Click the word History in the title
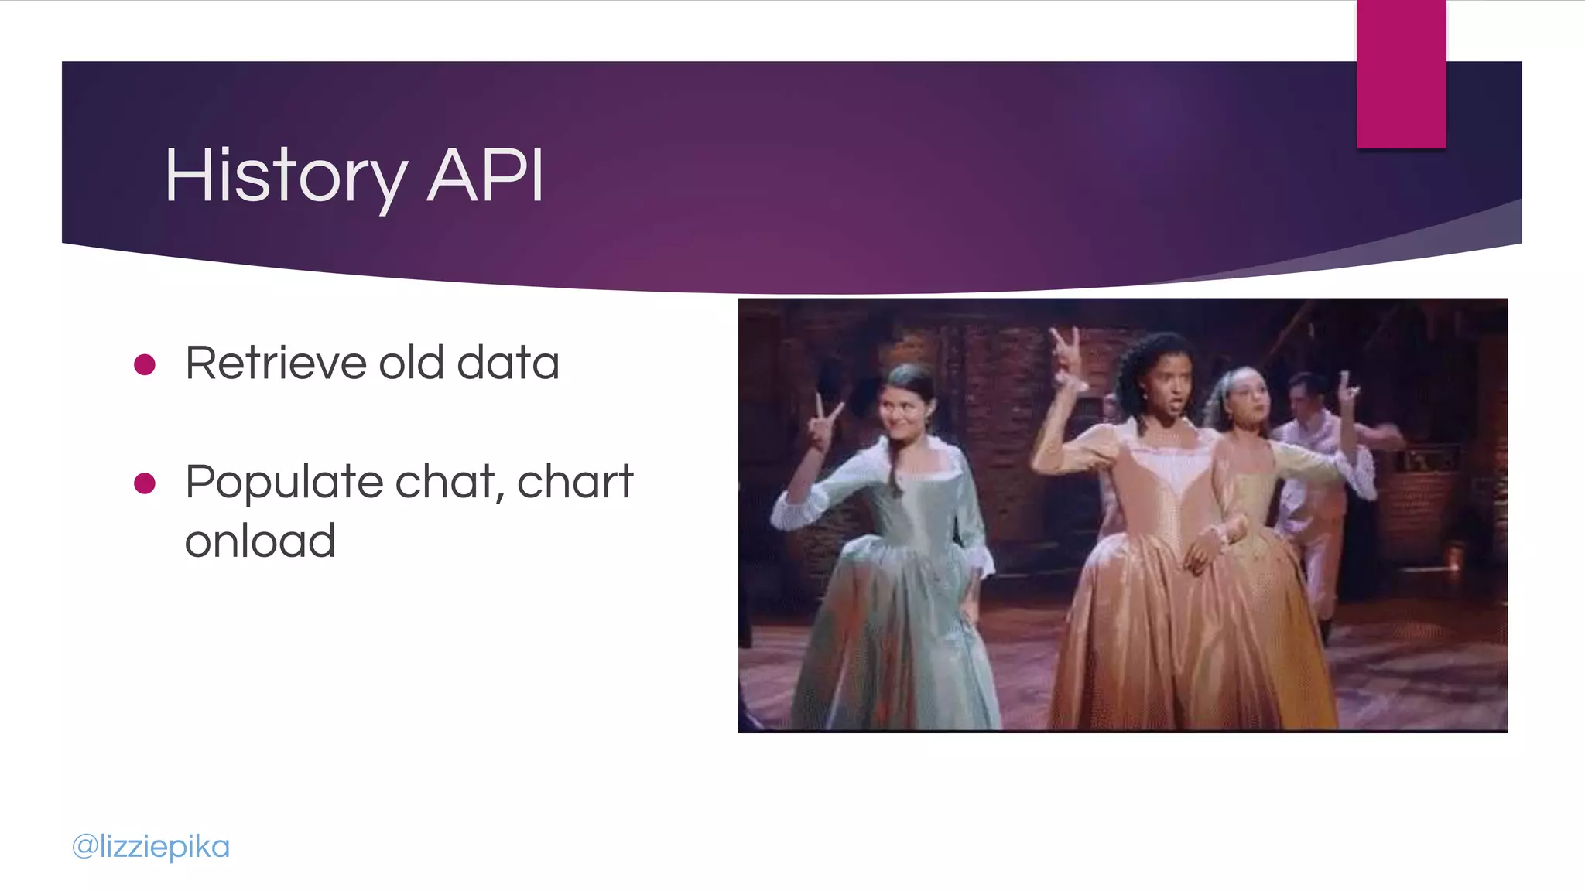tap(285, 176)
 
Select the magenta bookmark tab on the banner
tap(1401, 74)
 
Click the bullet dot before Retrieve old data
tap(145, 364)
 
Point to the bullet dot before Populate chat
tap(145, 483)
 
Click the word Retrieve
tap(276, 363)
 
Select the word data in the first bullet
tap(508, 363)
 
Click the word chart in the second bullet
tap(575, 482)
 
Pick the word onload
tap(260, 541)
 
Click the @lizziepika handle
tap(151, 846)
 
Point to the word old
tap(411, 363)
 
